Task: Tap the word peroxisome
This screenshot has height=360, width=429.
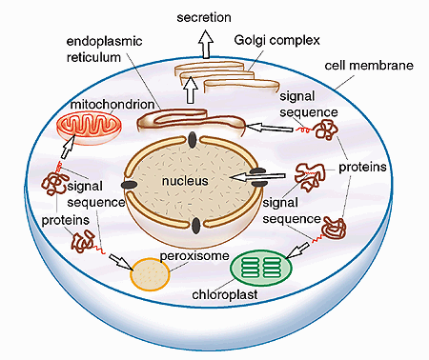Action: coord(189,258)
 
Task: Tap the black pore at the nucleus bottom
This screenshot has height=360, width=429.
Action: coord(195,225)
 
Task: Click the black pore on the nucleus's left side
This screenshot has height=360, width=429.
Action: coord(125,184)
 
